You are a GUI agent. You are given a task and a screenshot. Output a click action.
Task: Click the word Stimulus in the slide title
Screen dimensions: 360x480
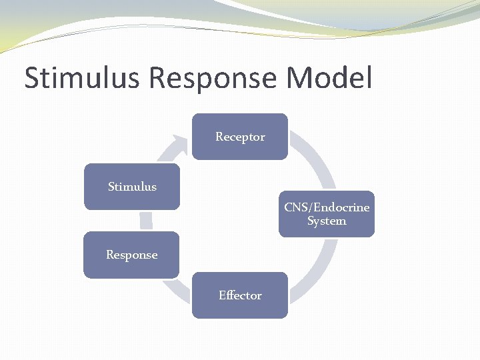82,78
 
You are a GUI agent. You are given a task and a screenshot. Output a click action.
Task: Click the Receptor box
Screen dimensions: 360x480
240,137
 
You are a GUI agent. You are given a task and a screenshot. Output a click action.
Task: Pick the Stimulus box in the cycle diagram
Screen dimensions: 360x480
132,187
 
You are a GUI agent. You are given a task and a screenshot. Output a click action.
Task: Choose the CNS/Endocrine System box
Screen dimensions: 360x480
327,214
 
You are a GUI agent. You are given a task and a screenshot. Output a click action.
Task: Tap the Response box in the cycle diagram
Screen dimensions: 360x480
131,255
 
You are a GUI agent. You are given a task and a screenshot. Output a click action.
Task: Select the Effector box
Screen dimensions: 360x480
240,295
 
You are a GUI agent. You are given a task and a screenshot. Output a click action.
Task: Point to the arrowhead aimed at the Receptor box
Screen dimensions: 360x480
179,143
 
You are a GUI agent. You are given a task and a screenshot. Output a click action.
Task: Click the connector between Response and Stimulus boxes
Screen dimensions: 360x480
146,221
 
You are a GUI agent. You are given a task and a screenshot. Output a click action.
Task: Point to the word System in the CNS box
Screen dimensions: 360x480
327,221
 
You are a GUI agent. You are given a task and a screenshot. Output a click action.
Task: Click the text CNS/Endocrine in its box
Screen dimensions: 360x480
327,207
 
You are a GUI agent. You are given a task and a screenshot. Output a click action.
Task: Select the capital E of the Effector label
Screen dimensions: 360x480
222,295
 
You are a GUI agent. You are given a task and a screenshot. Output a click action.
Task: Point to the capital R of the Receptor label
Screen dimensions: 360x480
219,137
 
